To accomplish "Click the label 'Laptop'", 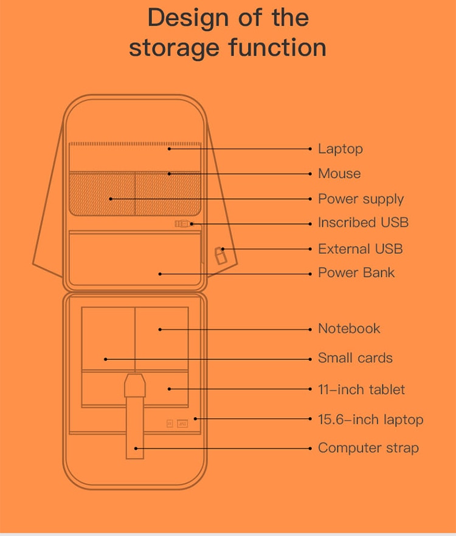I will (x=340, y=149).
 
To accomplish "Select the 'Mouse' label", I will (x=339, y=174).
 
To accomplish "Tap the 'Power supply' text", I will (x=361, y=199).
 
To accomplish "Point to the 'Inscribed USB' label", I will (x=363, y=223).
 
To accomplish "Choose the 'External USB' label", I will (x=360, y=249).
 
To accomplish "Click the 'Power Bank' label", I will (x=356, y=273).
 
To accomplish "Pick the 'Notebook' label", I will (x=349, y=329).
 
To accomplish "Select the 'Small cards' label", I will (x=355, y=358).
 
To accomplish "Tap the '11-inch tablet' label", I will (x=361, y=390).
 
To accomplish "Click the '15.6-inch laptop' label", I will (x=370, y=419).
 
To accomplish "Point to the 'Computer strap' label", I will (x=368, y=449).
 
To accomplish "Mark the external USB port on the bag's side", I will (x=221, y=255).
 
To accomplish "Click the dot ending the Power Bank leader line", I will (x=160, y=274).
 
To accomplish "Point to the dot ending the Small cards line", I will (x=106, y=359).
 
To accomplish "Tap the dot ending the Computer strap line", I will (x=136, y=449).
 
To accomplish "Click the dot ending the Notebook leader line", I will (x=160, y=330).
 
